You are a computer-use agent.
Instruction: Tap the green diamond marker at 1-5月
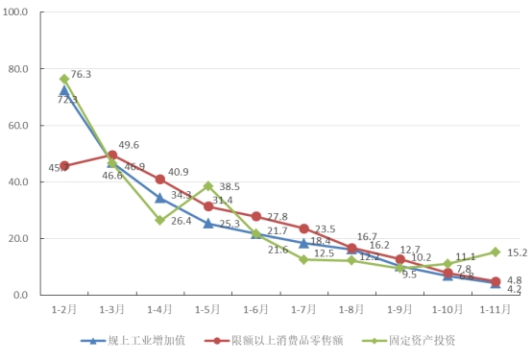pos(207,186)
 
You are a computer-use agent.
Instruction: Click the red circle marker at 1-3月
pos(112,155)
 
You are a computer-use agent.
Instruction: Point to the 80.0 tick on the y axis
pos(20,69)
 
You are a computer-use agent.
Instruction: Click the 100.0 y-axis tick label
pos(17,12)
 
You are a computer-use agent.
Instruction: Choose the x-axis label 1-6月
pos(256,310)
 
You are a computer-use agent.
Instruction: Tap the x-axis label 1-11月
pos(496,310)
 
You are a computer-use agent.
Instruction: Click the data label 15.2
pos(517,252)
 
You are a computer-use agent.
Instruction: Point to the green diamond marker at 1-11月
pos(496,252)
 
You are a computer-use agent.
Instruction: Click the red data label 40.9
pos(179,173)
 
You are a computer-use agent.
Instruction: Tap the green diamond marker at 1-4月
pos(159,220)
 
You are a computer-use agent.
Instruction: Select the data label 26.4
pos(181,221)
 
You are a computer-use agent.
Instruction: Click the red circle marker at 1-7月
pos(303,228)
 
